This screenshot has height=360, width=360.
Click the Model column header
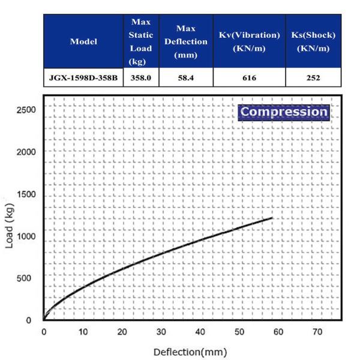pos(83,41)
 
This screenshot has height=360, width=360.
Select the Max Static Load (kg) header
pos(140,41)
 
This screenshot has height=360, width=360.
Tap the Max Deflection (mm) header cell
pos(185,41)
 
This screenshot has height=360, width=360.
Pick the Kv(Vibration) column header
pos(248,41)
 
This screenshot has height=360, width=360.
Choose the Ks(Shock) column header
pos(313,41)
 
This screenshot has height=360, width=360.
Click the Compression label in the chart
pos(283,112)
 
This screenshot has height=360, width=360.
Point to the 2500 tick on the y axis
pos(26,110)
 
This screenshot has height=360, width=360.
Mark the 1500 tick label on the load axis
pos(26,194)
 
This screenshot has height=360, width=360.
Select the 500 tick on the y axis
pos(28,278)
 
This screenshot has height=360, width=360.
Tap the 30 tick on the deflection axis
pos(161,332)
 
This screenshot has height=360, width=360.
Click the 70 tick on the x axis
pos(317,332)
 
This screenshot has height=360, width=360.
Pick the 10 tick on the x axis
pos(82,332)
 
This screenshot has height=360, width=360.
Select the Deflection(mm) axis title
pos(190,352)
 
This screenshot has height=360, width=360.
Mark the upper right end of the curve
pos(272,218)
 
